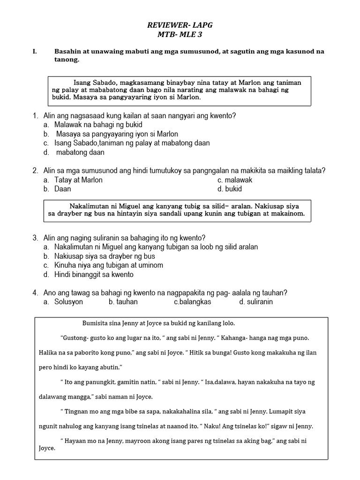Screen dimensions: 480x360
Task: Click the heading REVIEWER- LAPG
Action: pyautogui.click(x=180, y=25)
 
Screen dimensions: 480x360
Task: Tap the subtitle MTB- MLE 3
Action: pyautogui.click(x=180, y=34)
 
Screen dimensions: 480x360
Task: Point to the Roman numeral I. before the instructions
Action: pyautogui.click(x=35, y=52)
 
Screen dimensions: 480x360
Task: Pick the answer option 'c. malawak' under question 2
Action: pyautogui.click(x=235, y=180)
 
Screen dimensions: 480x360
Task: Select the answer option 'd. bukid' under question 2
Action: pyautogui.click(x=230, y=189)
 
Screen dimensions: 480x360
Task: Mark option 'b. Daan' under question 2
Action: pyautogui.click(x=57, y=189)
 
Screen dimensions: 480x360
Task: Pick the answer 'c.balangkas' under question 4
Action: pyautogui.click(x=192, y=302)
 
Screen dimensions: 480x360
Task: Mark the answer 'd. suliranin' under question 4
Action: pyautogui.click(x=256, y=302)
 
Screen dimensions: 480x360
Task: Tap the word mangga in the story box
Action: pyautogui.click(x=82, y=397)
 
